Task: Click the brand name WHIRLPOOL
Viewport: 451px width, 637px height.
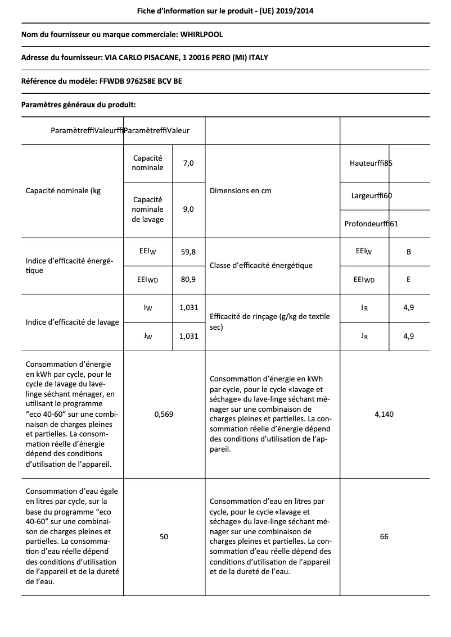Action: click(201, 35)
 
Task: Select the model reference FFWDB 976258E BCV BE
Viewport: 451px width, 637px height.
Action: click(140, 81)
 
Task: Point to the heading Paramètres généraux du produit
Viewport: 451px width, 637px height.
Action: click(78, 104)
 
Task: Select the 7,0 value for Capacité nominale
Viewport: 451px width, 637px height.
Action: click(188, 163)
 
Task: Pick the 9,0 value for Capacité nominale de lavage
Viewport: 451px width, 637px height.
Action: click(188, 209)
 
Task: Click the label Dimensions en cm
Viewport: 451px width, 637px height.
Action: click(240, 191)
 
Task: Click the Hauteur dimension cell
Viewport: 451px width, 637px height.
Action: click(371, 163)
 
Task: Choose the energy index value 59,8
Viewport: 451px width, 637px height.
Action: click(188, 252)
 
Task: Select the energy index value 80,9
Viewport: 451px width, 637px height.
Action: click(188, 279)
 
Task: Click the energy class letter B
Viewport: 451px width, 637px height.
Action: click(409, 252)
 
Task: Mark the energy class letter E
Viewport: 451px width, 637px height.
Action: click(409, 279)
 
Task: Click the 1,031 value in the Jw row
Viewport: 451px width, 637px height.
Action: click(188, 336)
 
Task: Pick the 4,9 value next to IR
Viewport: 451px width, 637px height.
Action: click(409, 308)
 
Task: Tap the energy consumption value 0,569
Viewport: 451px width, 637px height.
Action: click(164, 414)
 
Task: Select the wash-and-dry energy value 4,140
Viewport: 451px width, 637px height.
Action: click(384, 414)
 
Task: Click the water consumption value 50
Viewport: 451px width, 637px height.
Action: click(164, 536)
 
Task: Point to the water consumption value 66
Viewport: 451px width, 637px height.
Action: click(384, 536)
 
